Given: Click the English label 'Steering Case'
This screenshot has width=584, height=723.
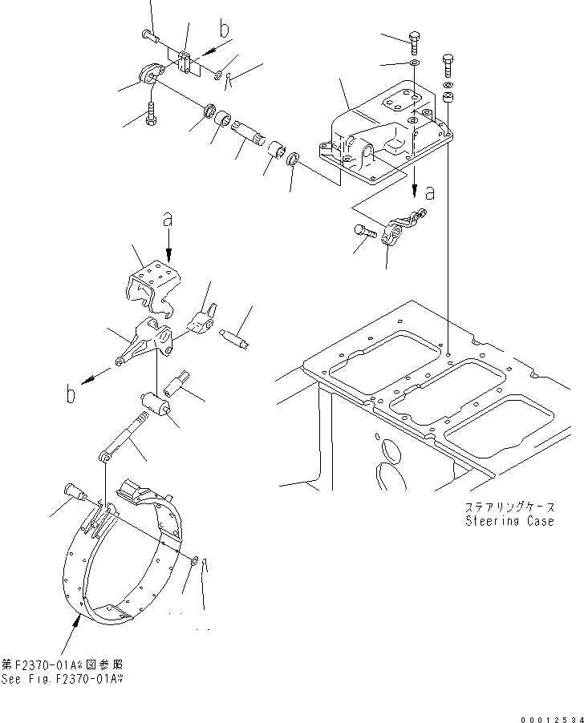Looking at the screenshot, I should pyautogui.click(x=509, y=521).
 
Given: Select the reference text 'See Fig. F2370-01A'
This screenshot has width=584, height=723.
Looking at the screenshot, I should pyautogui.click(x=64, y=679).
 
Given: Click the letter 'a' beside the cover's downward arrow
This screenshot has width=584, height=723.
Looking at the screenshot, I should pyautogui.click(x=431, y=192).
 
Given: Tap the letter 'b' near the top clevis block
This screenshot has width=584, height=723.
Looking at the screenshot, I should pyautogui.click(x=223, y=31).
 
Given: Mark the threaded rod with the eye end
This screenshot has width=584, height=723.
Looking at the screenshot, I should pyautogui.click(x=124, y=438).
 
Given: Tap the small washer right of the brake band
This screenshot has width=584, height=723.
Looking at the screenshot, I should pyautogui.click(x=197, y=559).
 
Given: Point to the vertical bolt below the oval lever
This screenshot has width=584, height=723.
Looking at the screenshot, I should pyautogui.click(x=150, y=115).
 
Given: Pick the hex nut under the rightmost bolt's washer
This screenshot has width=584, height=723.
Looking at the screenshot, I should pyautogui.click(x=447, y=98).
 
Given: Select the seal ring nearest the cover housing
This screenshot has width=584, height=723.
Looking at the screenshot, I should pyautogui.click(x=294, y=159).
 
